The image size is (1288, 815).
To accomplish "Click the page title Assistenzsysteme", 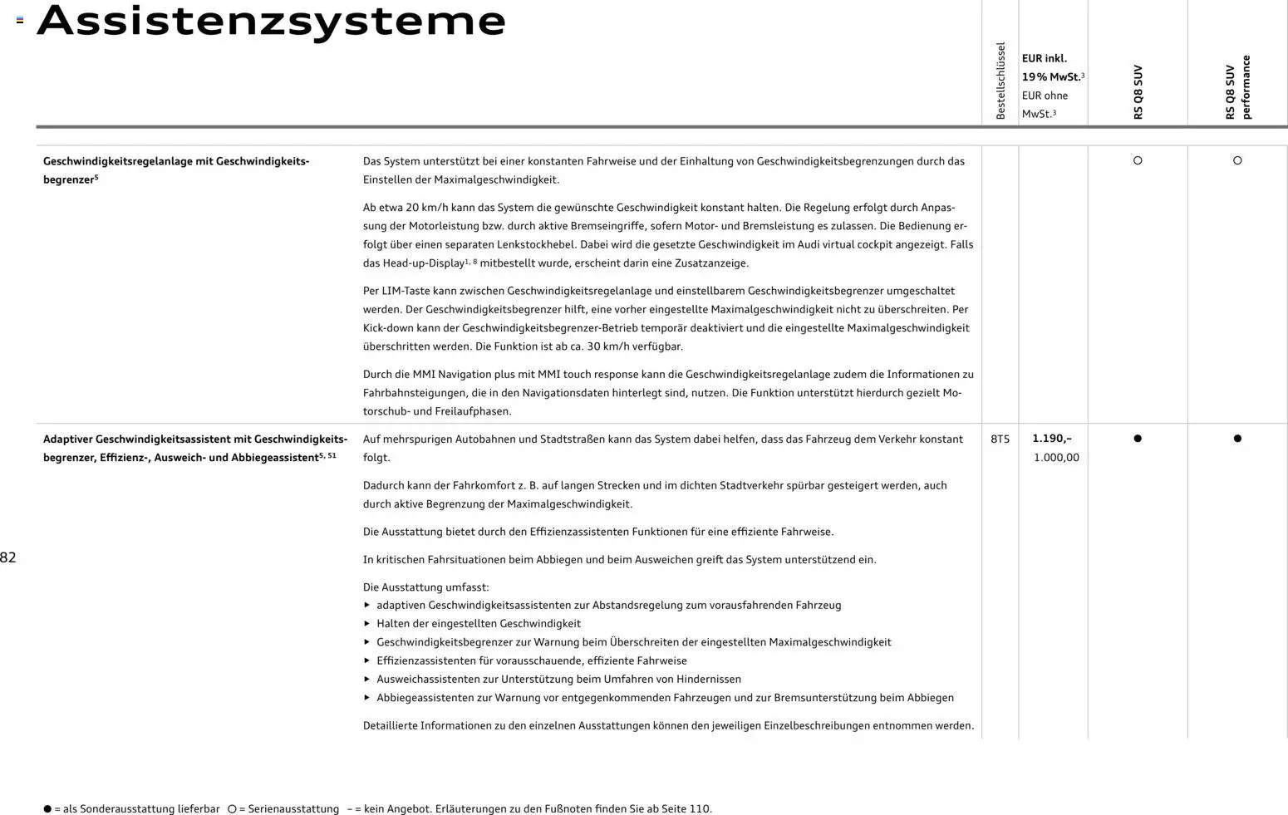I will pos(271,21).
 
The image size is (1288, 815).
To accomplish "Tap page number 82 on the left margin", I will pos(8,557).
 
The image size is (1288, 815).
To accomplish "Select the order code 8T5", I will pos(1000,439).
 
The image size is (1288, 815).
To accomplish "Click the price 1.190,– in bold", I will pos(1051,439).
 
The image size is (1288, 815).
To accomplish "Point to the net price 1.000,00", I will pos(1056,458).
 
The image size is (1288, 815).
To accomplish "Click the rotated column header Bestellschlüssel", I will pos(1000,81).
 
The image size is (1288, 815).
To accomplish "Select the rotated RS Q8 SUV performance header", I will pos(1237,87).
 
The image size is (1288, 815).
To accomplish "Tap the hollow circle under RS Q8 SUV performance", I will pos(1237,160).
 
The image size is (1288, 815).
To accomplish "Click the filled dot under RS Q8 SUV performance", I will pos(1237,439).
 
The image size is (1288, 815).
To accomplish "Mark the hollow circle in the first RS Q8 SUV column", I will pos(1138,160).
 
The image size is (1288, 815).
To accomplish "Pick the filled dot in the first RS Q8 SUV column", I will pos(1138,439).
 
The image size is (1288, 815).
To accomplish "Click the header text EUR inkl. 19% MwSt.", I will pos(1052,68).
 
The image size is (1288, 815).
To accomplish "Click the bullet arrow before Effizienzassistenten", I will pos(367,660).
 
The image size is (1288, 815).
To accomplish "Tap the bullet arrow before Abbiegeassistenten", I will pos(367,698).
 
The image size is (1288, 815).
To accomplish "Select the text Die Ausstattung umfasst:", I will pos(425,587).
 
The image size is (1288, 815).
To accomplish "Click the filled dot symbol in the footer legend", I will pos(47,808).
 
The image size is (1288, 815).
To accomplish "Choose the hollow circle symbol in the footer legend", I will pos(232,808).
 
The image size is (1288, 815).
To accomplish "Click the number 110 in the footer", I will pos(699,808).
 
